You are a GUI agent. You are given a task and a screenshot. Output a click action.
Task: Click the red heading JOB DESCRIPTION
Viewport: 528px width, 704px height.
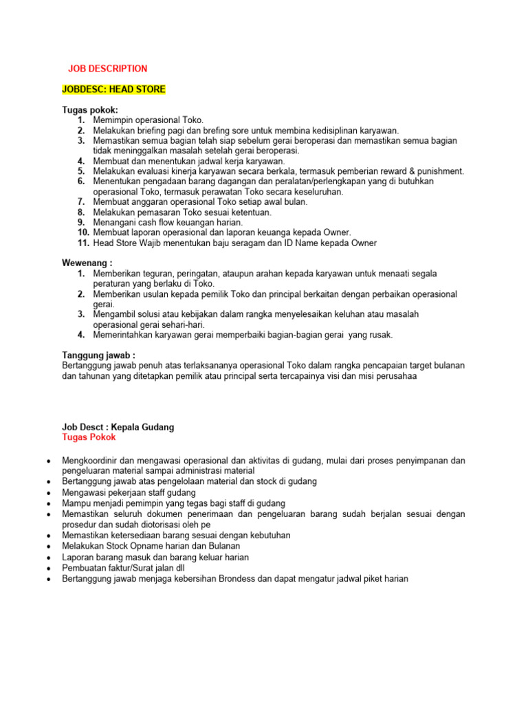click(107, 69)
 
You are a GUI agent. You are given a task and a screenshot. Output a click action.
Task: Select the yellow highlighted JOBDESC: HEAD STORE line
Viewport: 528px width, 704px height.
click(113, 89)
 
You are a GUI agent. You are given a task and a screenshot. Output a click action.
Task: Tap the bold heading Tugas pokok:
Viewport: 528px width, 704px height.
click(89, 110)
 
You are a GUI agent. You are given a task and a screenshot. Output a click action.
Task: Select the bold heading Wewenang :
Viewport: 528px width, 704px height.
click(87, 263)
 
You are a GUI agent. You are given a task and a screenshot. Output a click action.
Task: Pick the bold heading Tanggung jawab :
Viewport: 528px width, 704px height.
click(98, 355)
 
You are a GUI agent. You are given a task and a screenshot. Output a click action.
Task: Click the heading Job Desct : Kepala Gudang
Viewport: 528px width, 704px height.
click(118, 427)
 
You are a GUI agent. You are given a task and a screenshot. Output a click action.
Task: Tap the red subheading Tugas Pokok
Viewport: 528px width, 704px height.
click(89, 437)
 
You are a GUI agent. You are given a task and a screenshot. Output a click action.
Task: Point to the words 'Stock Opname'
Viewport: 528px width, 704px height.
click(142, 546)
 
